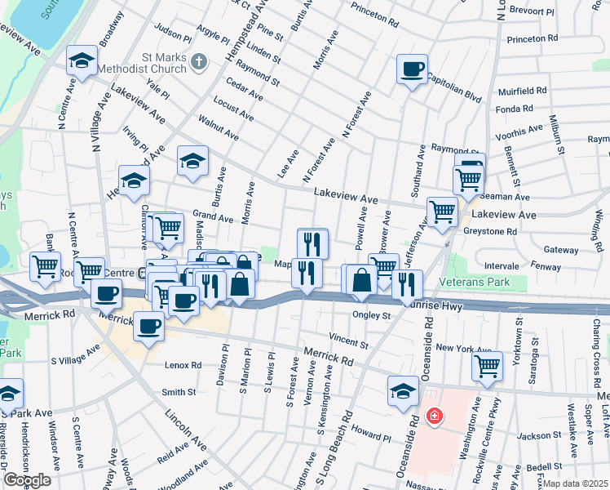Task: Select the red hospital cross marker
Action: pos(435,416)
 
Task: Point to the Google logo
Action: pos(27,480)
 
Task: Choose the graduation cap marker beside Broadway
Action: pos(82,60)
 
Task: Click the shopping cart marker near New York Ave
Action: pos(488,366)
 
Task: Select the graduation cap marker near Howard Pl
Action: pos(403,391)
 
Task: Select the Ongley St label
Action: pos(371,315)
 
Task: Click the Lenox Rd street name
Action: pos(183,364)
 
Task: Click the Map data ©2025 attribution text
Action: pos(575,483)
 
